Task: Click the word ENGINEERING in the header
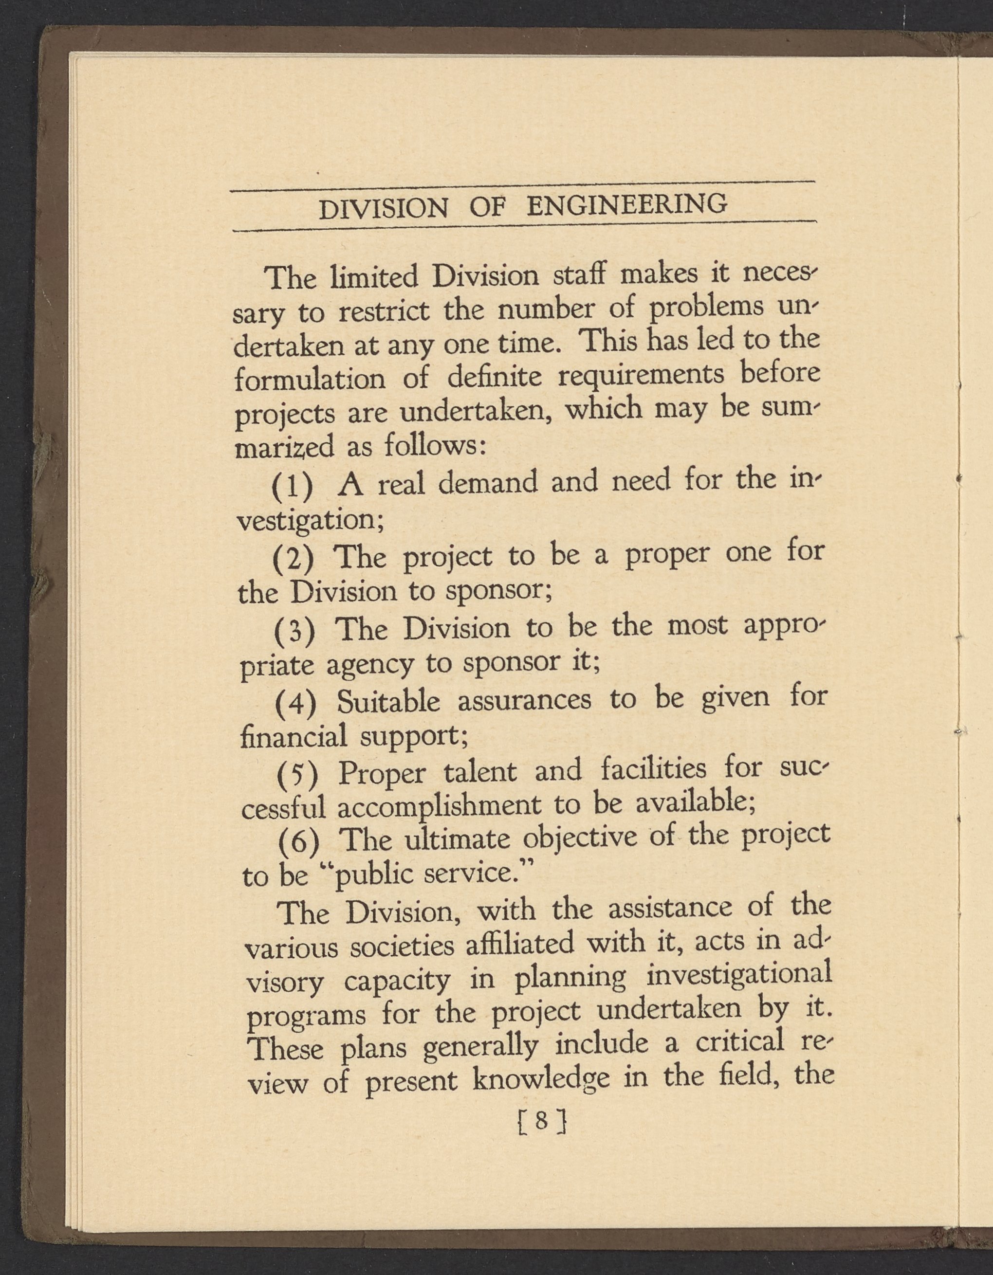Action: tap(627, 204)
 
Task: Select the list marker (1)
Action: tap(293, 486)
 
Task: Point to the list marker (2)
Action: tap(294, 559)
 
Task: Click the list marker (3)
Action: tap(295, 631)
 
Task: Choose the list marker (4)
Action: tap(296, 704)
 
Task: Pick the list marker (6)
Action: tap(299, 842)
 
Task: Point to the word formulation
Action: tap(310, 380)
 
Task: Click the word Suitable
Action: tap(388, 701)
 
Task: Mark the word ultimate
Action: tap(458, 840)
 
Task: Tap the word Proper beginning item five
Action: tap(383, 774)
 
